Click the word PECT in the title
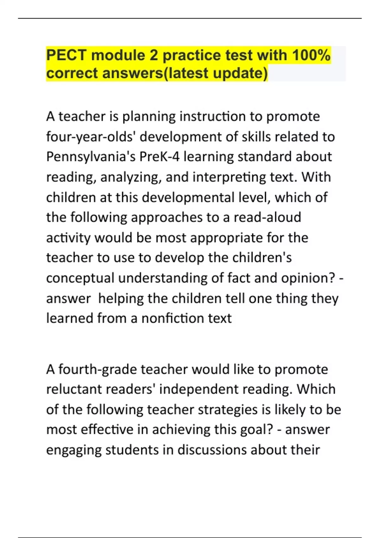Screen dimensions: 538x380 click(66, 55)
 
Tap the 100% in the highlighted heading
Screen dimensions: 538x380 click(311, 55)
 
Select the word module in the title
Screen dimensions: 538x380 click(118, 55)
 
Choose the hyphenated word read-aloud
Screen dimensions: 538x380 click(267, 217)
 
